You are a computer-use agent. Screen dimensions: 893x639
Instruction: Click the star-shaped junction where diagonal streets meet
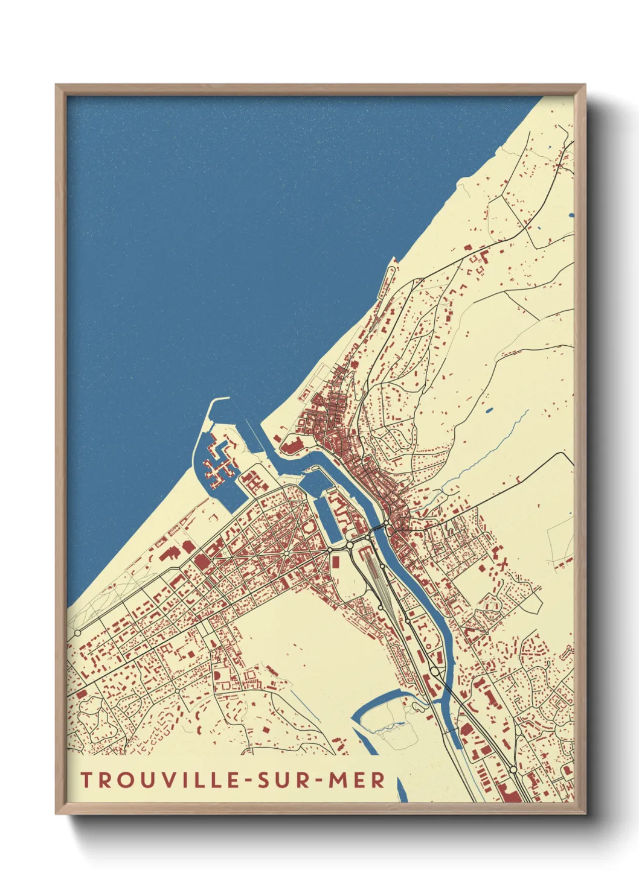coord(285,553)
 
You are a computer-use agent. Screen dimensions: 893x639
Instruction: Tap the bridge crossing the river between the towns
coord(377,530)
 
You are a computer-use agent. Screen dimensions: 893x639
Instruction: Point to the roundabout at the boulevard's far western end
coord(77,633)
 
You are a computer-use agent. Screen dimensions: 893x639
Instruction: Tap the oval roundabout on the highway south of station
coord(434,670)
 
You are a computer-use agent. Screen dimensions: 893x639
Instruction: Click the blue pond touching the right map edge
coord(571,215)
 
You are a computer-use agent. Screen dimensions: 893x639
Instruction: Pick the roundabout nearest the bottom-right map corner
coord(513,769)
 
